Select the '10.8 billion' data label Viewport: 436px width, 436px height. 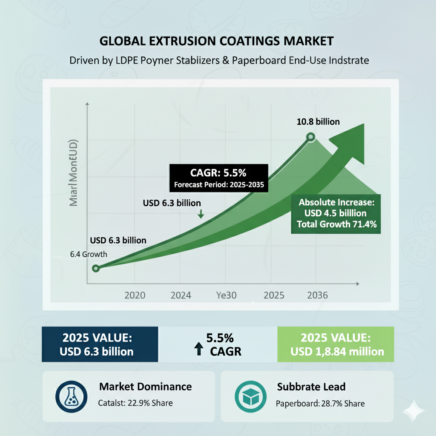(318, 122)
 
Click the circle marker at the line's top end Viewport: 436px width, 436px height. (311, 137)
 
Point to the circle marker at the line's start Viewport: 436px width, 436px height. (96, 268)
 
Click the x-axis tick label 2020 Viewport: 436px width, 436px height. (135, 295)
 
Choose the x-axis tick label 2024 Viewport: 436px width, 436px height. (181, 295)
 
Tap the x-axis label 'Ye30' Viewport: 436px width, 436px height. (226, 295)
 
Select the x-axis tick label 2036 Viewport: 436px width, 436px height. (317, 295)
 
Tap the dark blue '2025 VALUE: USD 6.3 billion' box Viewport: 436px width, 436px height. (100, 344)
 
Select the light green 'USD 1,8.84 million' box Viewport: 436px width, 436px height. (336, 344)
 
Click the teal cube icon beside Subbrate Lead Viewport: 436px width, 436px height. (248, 396)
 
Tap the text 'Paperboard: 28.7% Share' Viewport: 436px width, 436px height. (320, 404)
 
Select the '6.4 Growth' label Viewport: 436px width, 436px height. (89, 255)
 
